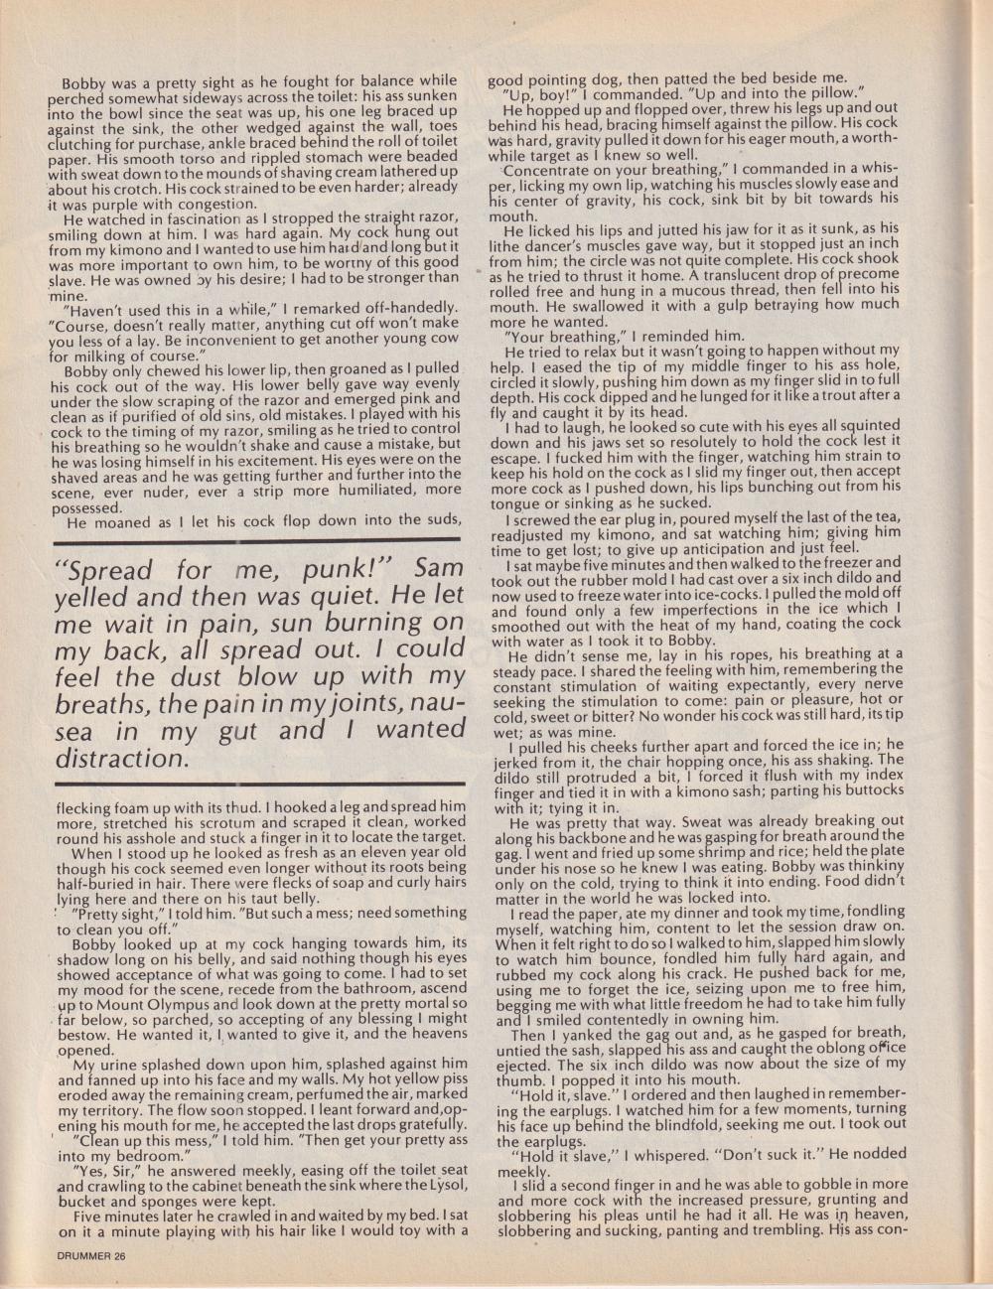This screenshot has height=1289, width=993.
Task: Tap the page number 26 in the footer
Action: (120, 1255)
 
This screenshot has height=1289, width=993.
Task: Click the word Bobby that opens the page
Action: (86, 80)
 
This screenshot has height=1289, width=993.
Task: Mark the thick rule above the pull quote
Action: (255, 539)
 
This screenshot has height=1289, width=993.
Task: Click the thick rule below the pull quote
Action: (255, 785)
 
